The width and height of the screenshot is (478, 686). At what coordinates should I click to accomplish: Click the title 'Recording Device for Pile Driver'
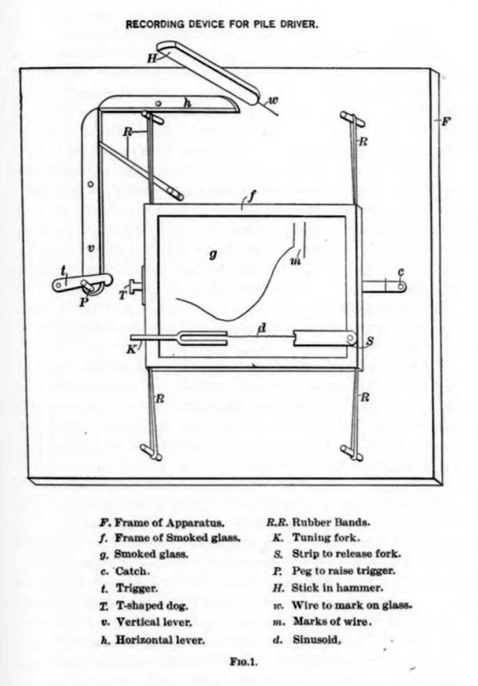click(221, 23)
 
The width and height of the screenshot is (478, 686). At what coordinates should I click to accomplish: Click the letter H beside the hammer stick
click(151, 58)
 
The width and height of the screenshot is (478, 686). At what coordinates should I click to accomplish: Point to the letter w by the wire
click(274, 100)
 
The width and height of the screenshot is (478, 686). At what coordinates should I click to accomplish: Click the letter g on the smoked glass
click(213, 255)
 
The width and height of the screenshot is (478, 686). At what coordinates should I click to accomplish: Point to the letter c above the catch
click(401, 271)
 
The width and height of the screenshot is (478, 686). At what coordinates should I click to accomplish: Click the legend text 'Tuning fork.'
click(326, 537)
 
